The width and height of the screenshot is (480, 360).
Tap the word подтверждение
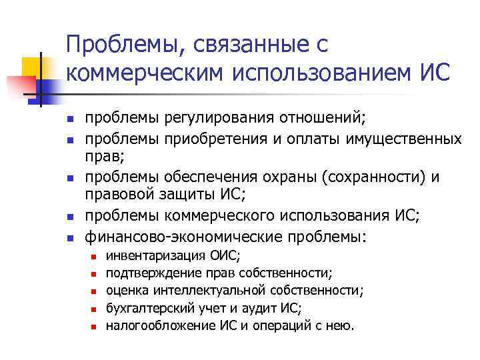(149, 273)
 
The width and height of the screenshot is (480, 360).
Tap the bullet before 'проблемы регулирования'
(69, 120)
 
